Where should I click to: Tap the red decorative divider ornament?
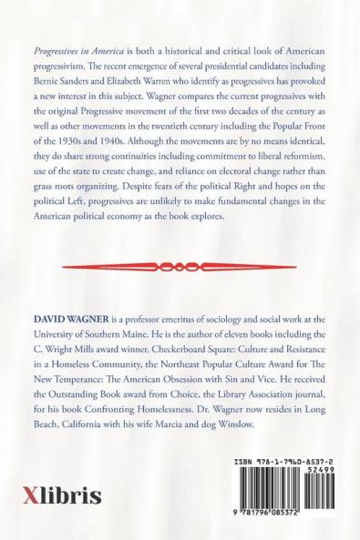[180, 266]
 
